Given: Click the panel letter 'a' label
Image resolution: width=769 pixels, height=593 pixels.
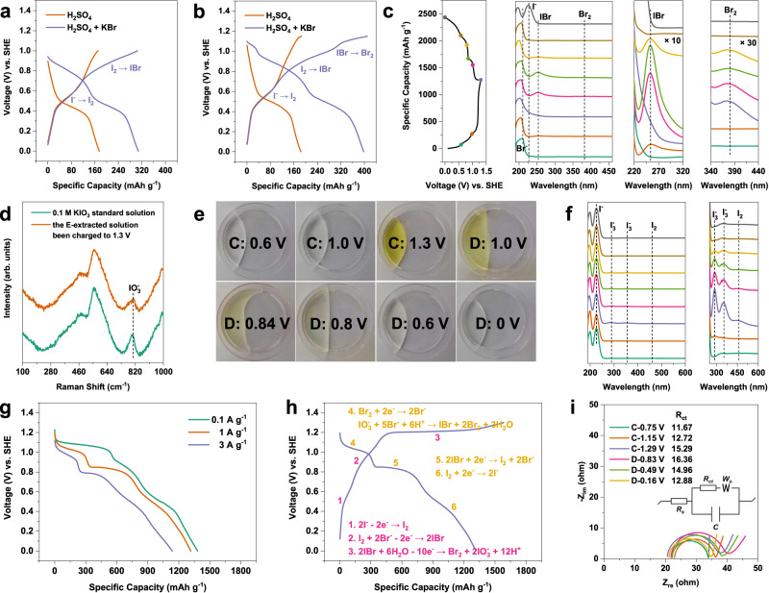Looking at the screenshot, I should [8, 10].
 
